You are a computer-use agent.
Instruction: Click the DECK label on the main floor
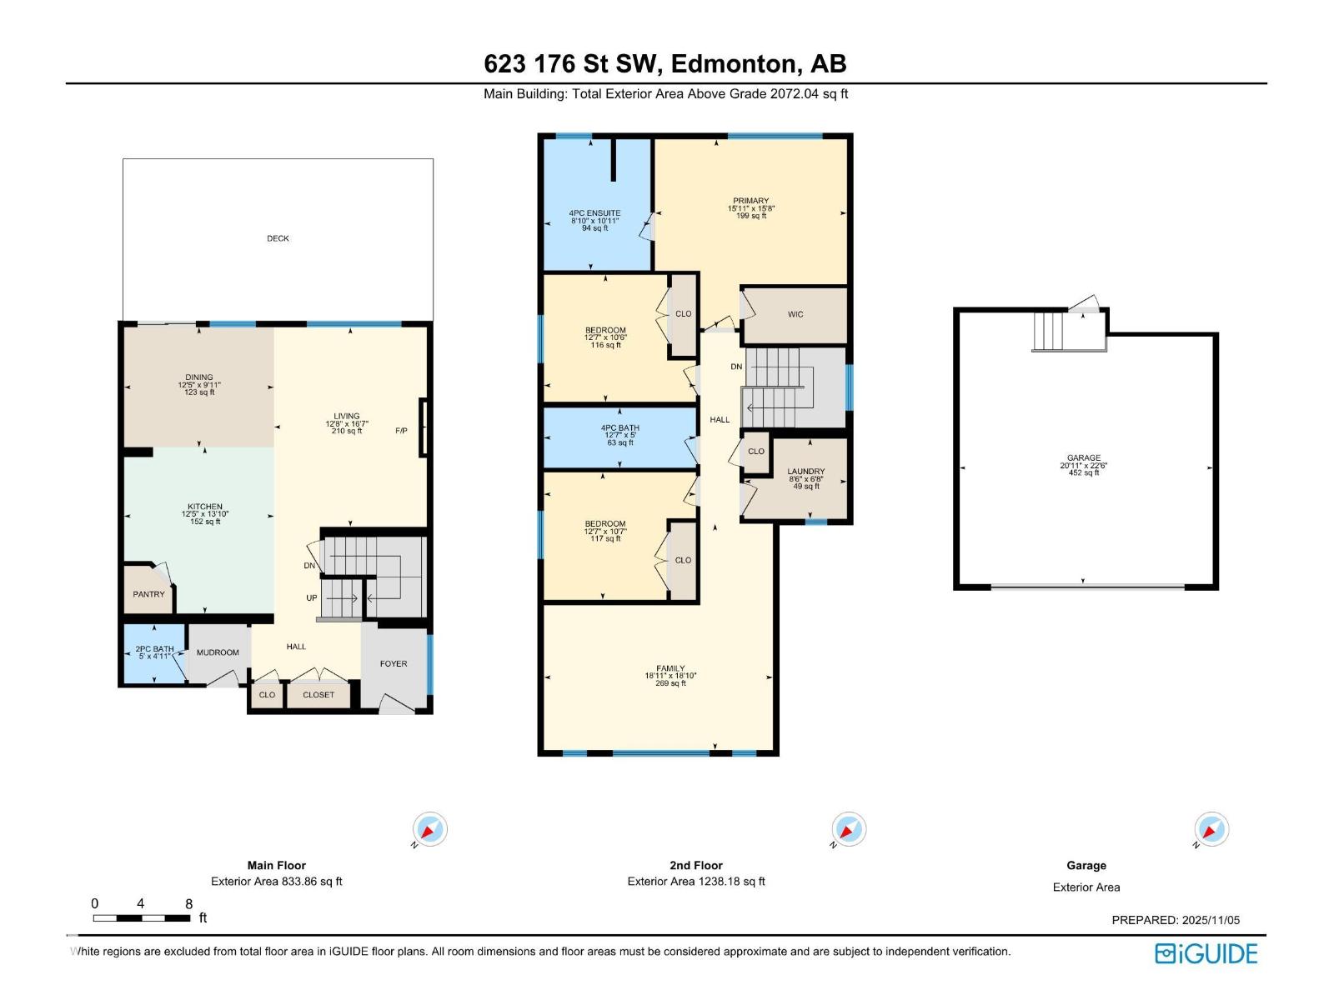(278, 238)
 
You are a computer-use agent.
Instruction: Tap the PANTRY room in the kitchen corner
(148, 594)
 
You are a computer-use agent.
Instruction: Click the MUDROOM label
(218, 652)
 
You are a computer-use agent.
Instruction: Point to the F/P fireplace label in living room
(401, 431)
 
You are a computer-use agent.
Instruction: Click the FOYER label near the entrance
(394, 664)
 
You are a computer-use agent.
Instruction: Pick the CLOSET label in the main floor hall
(318, 695)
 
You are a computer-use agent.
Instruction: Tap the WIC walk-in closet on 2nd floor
(795, 314)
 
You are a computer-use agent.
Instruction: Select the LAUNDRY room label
(805, 472)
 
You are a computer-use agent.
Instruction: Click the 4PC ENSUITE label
(594, 213)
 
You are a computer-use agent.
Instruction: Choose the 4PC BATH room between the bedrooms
(619, 428)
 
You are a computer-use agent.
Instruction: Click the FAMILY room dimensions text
(670, 676)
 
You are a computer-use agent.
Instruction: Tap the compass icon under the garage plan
(1211, 830)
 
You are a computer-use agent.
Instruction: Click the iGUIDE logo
(1206, 954)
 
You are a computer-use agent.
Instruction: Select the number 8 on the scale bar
(189, 904)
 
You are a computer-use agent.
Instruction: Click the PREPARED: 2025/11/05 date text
(1176, 920)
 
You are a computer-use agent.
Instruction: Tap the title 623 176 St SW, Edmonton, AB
(665, 64)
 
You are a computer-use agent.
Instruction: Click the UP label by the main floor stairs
(312, 598)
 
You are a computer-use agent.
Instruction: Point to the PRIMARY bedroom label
(750, 201)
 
